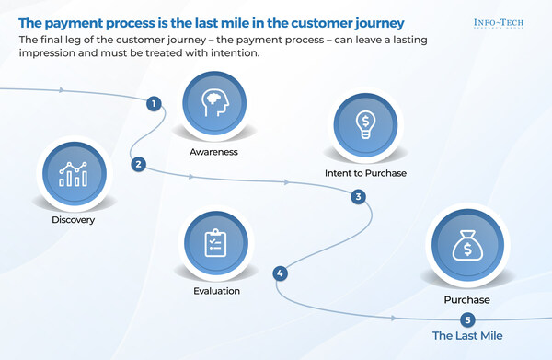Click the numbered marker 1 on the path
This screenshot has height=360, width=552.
coord(153,104)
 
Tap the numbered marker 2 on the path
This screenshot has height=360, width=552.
coord(138,165)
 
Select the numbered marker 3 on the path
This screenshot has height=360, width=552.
coord(359,196)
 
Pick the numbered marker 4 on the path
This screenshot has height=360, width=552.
coord(280,273)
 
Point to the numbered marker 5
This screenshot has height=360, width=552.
coord(468,319)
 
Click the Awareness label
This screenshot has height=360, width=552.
coord(213,152)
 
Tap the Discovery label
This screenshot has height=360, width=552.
coord(74,220)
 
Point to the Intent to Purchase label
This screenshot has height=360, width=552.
coord(365,172)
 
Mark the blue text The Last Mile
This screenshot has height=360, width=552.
coord(468,336)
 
